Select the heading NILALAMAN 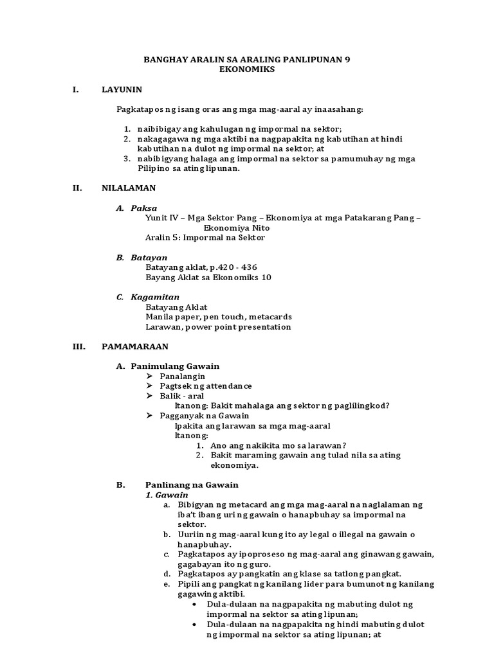click(128, 188)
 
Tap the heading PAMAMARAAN click(135, 346)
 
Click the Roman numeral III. click(79, 346)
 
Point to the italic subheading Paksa click(144, 208)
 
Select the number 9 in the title click(348, 60)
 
